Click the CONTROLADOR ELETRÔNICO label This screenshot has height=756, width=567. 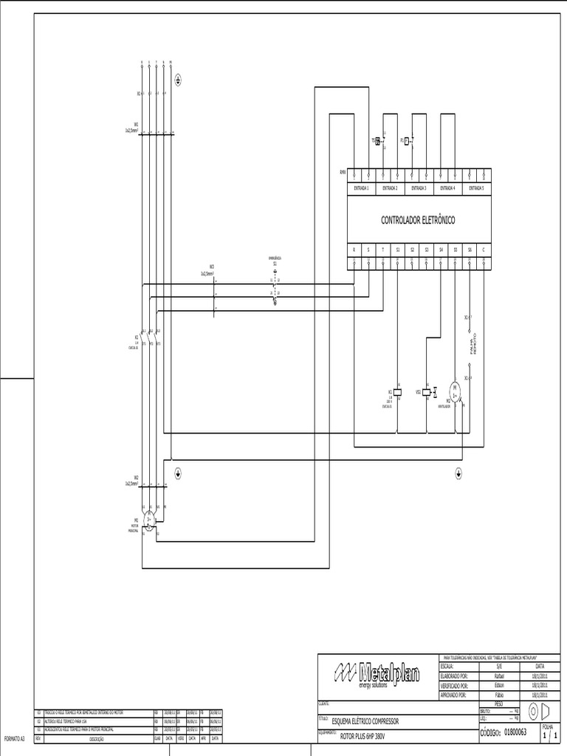tap(418, 220)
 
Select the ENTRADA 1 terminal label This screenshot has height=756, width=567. tap(362, 188)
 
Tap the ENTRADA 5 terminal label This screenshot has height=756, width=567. tap(476, 188)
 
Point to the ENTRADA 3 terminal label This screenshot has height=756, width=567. tap(419, 188)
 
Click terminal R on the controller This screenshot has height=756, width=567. tap(354, 250)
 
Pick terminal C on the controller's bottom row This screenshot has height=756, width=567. tap(484, 250)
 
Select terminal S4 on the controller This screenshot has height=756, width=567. tap(441, 250)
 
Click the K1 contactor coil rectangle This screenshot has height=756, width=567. tap(398, 391)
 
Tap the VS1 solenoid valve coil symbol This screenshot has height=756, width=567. tap(427, 391)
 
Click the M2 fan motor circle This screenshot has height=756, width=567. tap(456, 388)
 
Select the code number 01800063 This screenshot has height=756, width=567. tap(515, 732)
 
